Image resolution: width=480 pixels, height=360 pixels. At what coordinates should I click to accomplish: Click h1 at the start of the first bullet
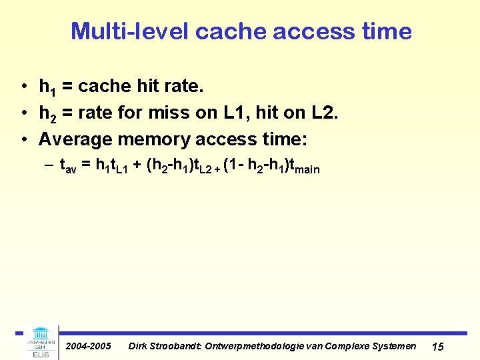(47, 87)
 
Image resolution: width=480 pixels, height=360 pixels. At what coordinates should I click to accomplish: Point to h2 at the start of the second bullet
(47, 114)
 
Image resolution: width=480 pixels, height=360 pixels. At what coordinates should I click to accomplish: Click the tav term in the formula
(67, 167)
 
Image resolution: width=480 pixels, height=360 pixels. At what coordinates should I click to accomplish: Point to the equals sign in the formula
(86, 166)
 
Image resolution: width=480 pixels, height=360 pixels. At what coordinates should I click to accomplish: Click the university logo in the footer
(41, 341)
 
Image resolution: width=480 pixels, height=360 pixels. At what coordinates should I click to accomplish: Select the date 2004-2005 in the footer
(89, 346)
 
